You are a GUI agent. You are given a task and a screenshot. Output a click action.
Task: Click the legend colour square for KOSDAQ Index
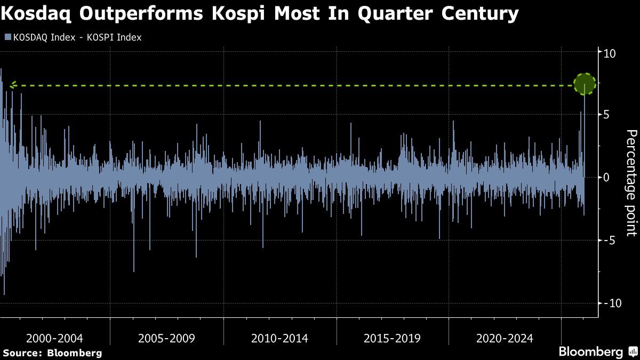tap(7, 38)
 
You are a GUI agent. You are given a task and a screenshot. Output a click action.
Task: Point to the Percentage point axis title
tap(630, 182)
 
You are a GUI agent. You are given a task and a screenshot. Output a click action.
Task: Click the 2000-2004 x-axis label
tap(54, 338)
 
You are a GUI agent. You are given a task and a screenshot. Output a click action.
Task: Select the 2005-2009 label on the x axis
tap(166, 338)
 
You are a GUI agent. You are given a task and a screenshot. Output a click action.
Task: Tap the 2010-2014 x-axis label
tap(279, 338)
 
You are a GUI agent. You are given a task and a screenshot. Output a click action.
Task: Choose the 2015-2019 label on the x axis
tap(392, 338)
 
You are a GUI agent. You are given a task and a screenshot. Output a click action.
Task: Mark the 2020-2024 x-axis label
tap(505, 338)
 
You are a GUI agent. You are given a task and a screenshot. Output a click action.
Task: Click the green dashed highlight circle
tap(585, 85)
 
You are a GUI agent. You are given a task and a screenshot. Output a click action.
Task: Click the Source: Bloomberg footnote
tap(52, 353)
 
